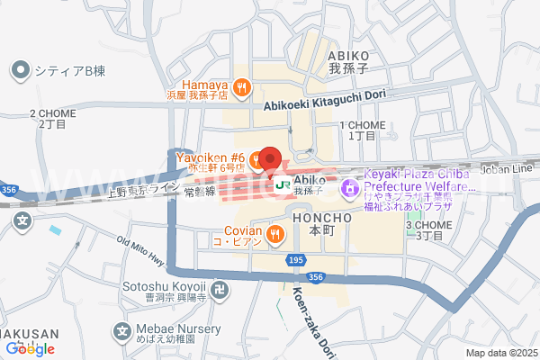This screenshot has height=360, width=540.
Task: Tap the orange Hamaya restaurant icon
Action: point(241,87)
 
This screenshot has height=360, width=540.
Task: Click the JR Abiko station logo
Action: point(282,185)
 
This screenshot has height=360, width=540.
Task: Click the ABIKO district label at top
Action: point(349,56)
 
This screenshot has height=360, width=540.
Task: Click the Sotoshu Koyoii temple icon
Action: point(221,289)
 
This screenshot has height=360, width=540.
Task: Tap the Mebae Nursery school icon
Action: point(121,332)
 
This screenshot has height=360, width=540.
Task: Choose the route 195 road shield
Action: point(298,260)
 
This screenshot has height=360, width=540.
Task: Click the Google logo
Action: point(30,348)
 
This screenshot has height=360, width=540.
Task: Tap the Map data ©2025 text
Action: point(500,353)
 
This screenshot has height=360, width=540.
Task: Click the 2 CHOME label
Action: point(52,113)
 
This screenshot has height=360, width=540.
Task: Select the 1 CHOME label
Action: point(363,125)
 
